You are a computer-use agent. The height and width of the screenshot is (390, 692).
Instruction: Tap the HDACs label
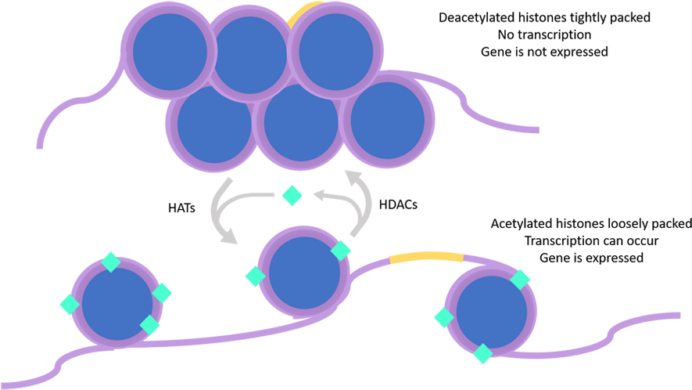398,204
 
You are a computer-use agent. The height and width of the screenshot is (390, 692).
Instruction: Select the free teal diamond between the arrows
292,195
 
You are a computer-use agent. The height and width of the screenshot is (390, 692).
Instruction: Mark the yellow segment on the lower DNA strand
426,257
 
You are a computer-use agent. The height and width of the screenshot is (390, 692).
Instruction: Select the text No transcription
543,34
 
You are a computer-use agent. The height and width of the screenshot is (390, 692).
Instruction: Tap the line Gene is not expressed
543,52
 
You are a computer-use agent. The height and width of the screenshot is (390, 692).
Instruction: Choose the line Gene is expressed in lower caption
590,258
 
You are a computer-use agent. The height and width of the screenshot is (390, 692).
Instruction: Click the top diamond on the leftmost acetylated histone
111,262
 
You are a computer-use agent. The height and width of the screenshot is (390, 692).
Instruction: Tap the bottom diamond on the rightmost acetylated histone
482,353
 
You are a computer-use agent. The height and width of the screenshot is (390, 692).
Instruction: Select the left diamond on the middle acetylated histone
255,276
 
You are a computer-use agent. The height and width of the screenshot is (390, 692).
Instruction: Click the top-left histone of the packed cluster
168,50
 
